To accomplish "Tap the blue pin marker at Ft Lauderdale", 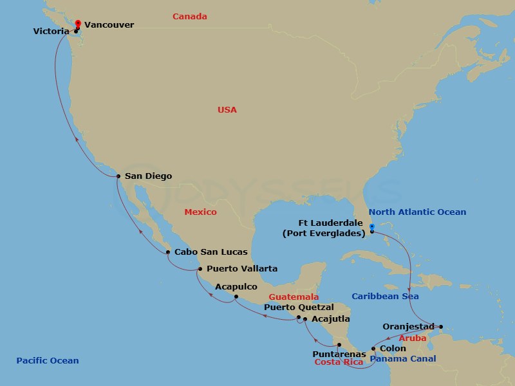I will coord(372,226).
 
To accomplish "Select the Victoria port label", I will coord(51,30).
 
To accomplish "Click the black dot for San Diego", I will coord(118,176).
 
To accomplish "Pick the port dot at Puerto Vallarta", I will coord(200,269).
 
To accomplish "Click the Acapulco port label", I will coord(236,286).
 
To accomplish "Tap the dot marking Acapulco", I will coord(236,297).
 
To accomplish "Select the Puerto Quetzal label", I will coord(299,308).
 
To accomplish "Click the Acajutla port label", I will coord(331,318).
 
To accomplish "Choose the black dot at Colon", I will coord(373,349).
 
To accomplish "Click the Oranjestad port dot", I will coord(440,326).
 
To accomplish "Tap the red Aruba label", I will coord(413,338).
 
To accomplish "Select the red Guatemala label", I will coord(294,297).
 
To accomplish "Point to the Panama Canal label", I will coord(403,359).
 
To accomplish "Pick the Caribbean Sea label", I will coord(385,297).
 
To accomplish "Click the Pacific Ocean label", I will coord(48,361).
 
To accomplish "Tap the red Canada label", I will coord(189,17).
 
